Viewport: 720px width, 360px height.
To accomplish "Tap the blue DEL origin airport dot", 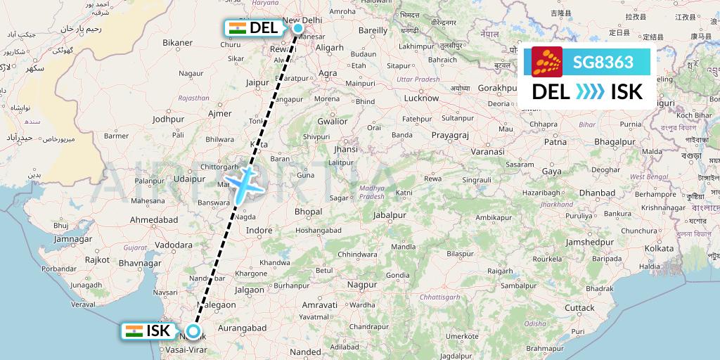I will tap(298, 28).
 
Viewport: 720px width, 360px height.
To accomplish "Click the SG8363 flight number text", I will tap(603, 62).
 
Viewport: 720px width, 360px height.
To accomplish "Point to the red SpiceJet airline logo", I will tap(547, 62).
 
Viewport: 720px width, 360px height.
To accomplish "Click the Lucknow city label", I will tap(421, 98).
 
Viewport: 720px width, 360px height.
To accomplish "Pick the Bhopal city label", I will tap(309, 211).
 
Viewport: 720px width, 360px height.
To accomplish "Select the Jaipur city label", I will tap(258, 82).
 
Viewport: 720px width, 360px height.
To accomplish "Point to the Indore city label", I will tap(258, 230).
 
